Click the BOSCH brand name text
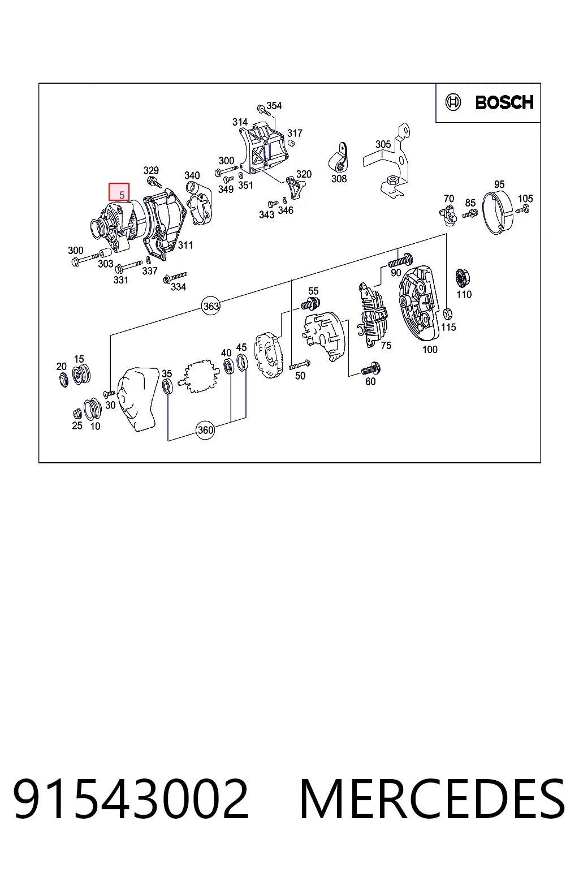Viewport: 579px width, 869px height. [x=504, y=102]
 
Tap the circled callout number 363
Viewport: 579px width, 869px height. [x=211, y=306]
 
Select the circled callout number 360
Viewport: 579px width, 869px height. [x=205, y=430]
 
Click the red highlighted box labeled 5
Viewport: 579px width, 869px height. [x=119, y=192]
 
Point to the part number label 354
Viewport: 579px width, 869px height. [x=274, y=106]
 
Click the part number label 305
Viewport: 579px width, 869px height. [x=383, y=144]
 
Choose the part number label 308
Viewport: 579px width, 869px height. [x=339, y=178]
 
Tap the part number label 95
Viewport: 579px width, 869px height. [x=499, y=184]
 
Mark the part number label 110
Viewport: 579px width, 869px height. [x=464, y=294]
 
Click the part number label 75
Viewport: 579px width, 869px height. [x=386, y=345]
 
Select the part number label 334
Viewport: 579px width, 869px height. [x=178, y=287]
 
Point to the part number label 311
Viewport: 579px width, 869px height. [x=185, y=245]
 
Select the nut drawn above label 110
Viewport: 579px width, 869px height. [x=461, y=278]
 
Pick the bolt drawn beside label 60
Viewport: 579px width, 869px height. [x=371, y=368]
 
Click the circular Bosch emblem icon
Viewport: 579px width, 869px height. [x=453, y=102]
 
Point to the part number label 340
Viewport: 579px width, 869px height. [x=192, y=175]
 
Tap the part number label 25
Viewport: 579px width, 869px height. [x=77, y=425]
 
